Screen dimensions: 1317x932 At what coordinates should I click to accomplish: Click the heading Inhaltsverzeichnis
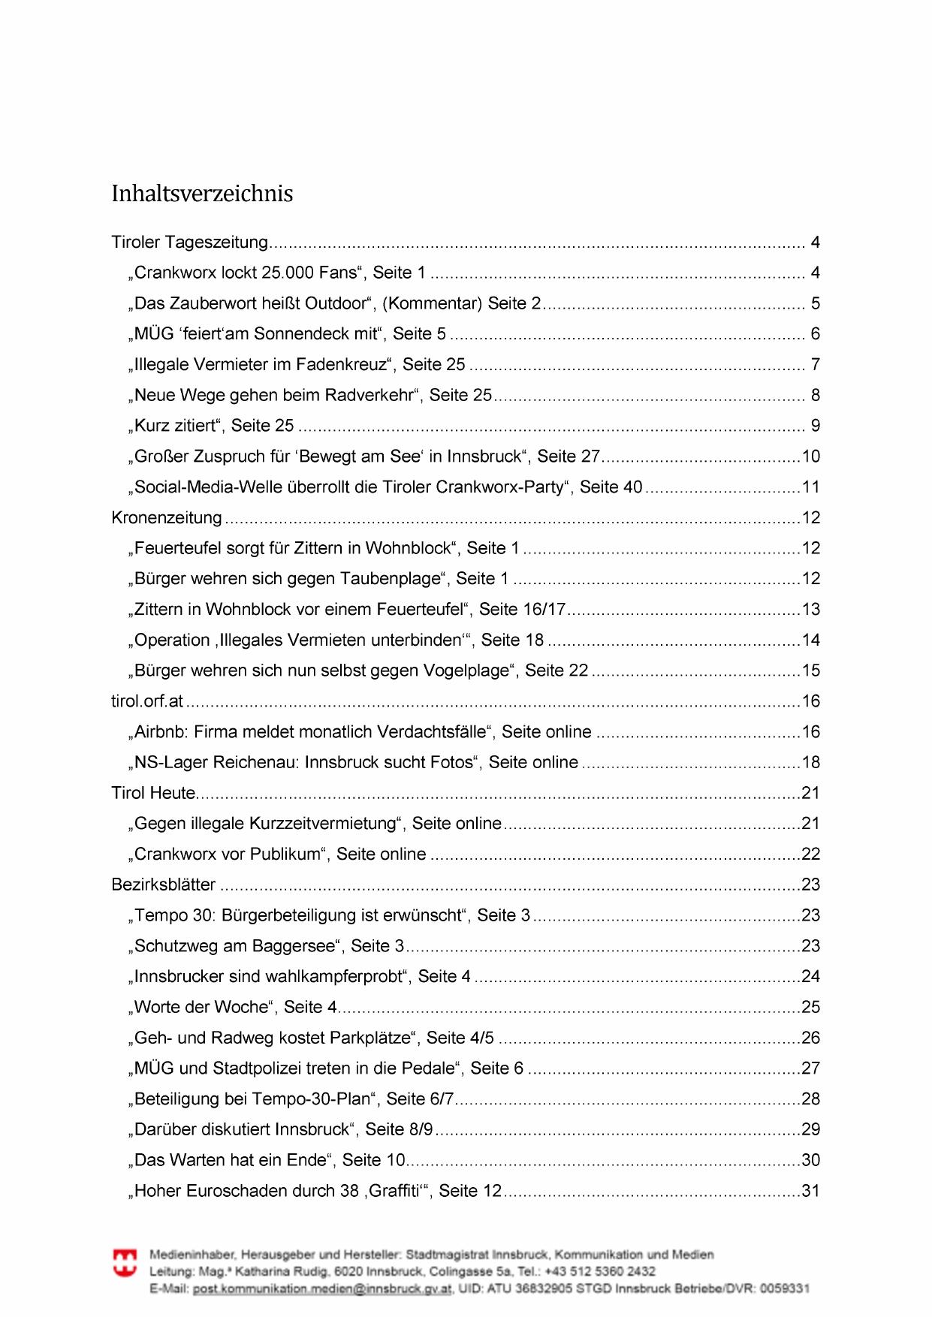tap(202, 194)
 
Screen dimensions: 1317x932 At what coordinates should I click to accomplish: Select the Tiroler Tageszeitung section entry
tap(189, 243)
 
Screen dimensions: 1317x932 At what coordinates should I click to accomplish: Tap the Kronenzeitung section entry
tap(166, 518)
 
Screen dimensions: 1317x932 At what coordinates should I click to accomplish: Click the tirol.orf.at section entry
tap(147, 701)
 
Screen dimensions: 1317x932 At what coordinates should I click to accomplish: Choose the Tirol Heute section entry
tap(153, 793)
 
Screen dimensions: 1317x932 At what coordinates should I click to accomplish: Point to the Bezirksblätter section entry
tap(163, 885)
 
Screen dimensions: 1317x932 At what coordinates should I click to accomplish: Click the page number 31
tap(810, 1191)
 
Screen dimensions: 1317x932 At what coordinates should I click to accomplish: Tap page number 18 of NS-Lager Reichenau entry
tap(810, 763)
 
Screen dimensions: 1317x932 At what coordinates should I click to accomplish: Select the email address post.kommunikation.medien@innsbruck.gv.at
tap(322, 1288)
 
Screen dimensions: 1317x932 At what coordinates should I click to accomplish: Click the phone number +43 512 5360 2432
tap(600, 1271)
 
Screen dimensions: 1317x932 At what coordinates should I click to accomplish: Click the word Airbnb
tap(160, 732)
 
